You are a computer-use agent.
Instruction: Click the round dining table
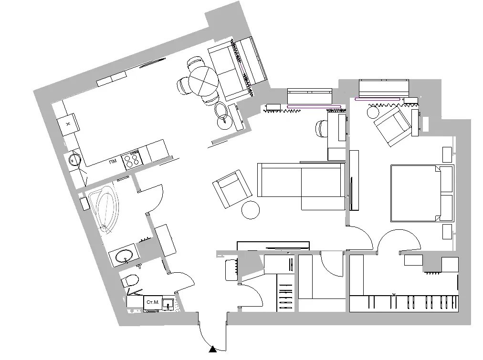(x=204, y=81)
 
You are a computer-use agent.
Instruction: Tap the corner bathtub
(x=104, y=208)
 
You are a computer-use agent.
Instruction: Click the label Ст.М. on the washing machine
(x=152, y=302)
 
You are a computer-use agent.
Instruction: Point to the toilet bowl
(x=130, y=280)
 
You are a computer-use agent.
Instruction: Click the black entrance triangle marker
(x=212, y=349)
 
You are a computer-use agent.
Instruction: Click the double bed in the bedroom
(x=422, y=193)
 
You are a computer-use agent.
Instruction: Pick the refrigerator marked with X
(x=68, y=124)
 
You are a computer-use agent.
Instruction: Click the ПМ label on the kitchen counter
(x=113, y=161)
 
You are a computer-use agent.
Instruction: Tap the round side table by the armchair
(x=251, y=209)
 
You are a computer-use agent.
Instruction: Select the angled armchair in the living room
(x=232, y=189)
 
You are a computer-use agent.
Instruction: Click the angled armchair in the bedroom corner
(x=393, y=126)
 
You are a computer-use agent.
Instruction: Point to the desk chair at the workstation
(x=322, y=128)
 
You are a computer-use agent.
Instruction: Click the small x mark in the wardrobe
(x=394, y=295)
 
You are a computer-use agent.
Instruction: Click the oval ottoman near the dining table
(x=221, y=110)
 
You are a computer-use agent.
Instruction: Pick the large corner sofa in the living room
(x=301, y=186)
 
